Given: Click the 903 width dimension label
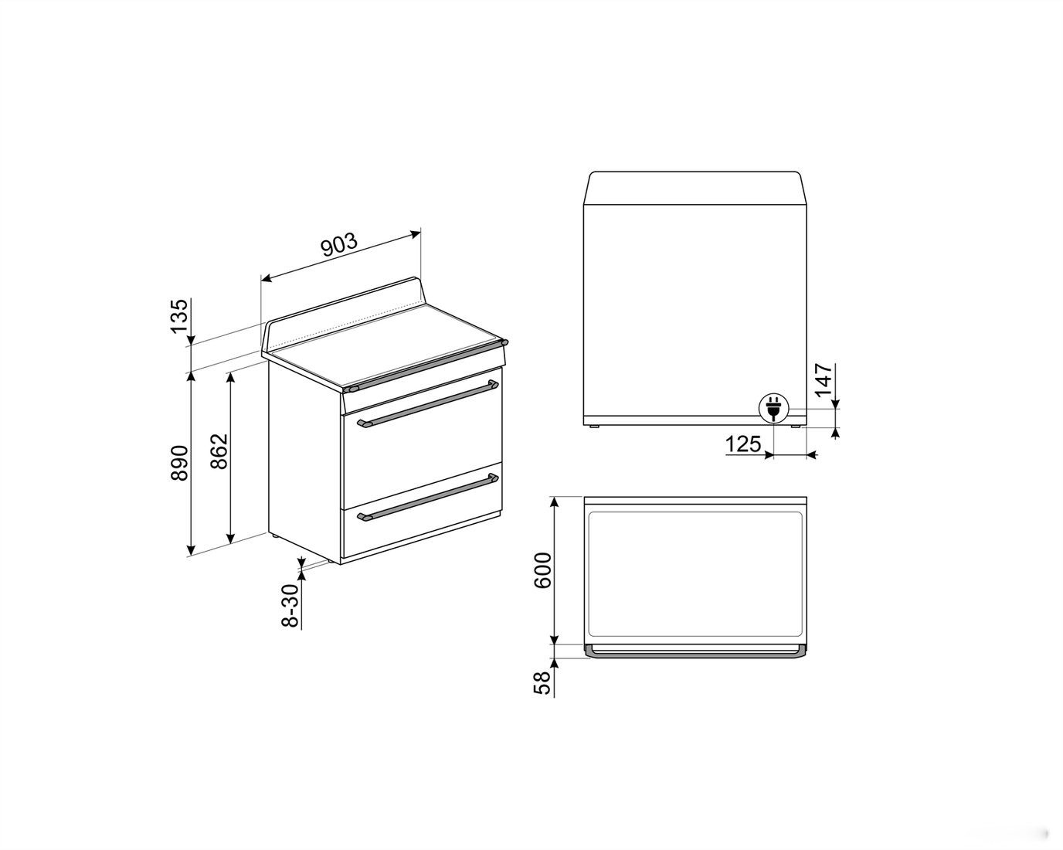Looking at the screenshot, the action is click(x=339, y=244).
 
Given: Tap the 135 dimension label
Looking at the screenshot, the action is click(x=178, y=316).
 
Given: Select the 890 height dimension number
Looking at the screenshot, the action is click(x=179, y=463).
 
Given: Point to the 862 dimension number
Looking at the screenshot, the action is click(x=219, y=450).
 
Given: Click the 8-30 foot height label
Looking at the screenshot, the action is click(x=290, y=605).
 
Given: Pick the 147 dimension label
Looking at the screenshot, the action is click(x=824, y=380).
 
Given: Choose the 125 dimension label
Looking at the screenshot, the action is click(x=743, y=444).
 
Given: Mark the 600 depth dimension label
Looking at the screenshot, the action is click(x=543, y=570).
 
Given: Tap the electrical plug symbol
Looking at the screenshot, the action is click(x=773, y=408).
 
